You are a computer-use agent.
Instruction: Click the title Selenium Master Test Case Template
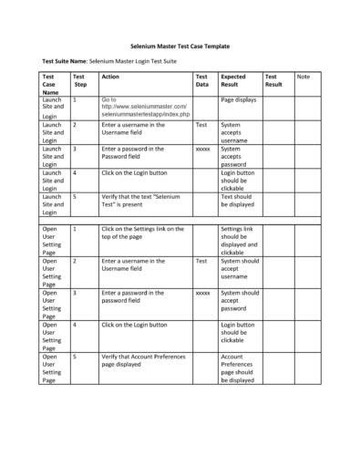(x=179, y=45)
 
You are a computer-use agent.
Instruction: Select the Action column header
(x=110, y=77)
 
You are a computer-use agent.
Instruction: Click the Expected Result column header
(x=233, y=80)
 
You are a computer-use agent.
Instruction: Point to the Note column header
(x=303, y=77)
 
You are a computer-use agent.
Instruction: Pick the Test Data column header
(x=202, y=80)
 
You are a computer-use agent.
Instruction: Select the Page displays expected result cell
(x=239, y=99)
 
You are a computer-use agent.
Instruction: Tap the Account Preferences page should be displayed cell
(x=239, y=368)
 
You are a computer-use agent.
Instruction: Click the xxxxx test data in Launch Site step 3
(x=202, y=148)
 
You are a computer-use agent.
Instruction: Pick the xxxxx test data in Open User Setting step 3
(x=202, y=293)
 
